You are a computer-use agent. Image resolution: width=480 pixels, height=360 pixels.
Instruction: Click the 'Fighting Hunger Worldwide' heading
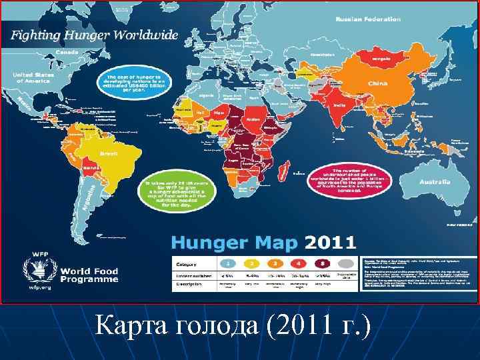click(x=93, y=35)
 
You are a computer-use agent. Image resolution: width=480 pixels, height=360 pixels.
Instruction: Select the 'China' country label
click(x=377, y=83)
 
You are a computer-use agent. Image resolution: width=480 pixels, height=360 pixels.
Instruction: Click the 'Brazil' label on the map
click(x=108, y=153)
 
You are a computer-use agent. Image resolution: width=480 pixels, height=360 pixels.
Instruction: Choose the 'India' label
click(x=339, y=105)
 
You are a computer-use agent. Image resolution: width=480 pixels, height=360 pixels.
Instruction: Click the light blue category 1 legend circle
click(x=228, y=263)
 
